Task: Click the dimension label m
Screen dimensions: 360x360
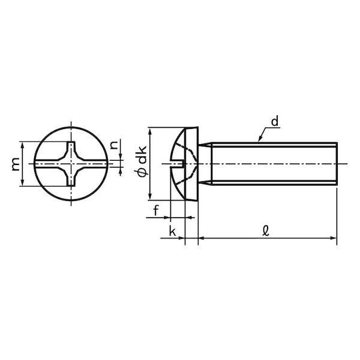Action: pos(16,164)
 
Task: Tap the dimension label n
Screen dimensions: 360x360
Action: pos(114,145)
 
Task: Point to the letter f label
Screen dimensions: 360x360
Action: pos(156,211)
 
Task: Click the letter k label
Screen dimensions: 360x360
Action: pos(172,231)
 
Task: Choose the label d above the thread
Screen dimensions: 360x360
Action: pos(275,121)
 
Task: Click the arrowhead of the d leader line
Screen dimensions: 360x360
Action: pos(260,139)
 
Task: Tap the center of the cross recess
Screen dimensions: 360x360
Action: pos(71,164)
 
